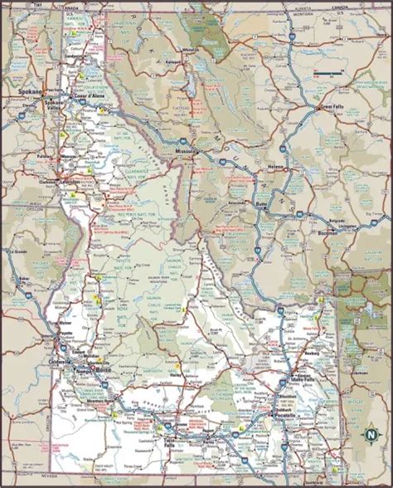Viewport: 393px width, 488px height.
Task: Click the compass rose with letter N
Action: coord(371,431)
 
